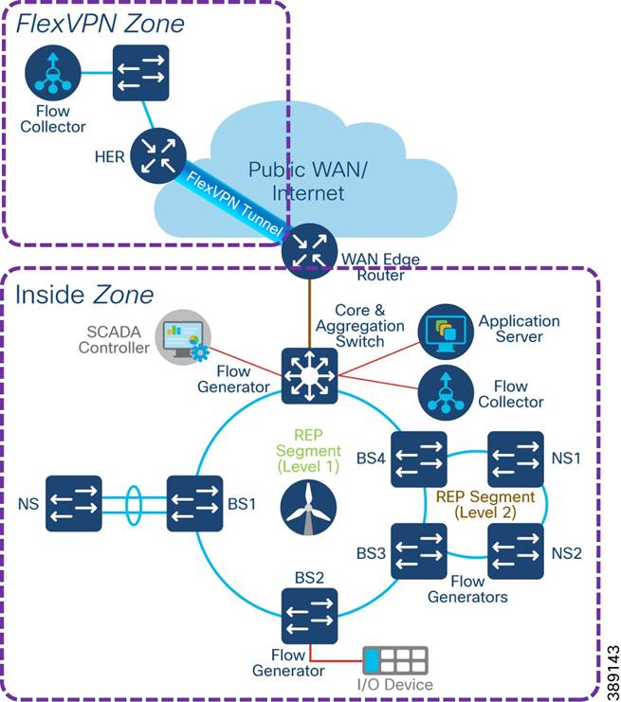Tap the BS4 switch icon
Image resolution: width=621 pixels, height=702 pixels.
418,458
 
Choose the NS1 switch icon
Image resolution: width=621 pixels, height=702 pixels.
516,458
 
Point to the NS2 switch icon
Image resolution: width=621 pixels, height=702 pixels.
516,550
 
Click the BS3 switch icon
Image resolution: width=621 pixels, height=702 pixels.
418,550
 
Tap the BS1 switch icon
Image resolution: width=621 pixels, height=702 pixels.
194,504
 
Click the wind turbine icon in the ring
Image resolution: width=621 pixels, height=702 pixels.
309,503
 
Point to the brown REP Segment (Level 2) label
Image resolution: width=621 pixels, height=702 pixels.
485,504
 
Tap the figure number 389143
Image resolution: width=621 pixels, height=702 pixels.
607,655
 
